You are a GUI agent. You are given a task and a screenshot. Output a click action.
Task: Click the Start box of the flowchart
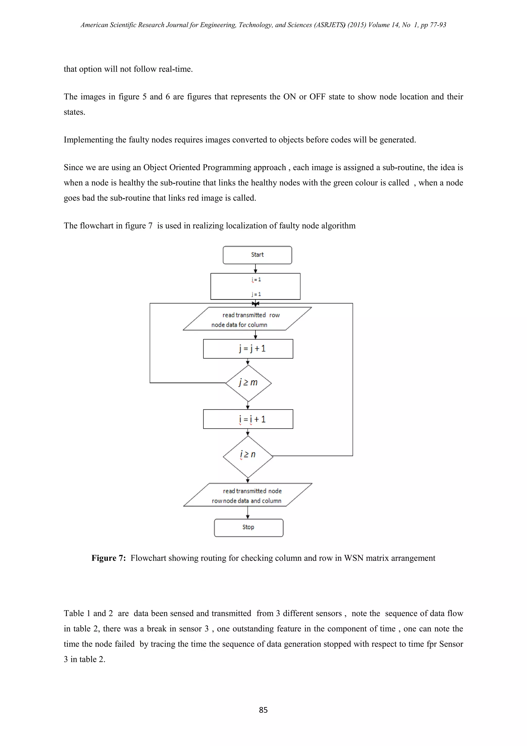(257, 255)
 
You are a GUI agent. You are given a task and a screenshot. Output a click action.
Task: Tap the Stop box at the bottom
(248, 527)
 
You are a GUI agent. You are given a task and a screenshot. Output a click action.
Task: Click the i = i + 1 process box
(248, 419)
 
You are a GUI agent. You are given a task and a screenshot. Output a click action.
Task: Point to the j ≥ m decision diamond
(248, 383)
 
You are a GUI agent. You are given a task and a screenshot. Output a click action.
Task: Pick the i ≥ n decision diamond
(248, 456)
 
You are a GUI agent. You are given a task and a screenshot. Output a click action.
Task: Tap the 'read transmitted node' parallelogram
(247, 495)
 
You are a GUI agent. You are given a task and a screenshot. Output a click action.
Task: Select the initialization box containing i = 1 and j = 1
(255, 286)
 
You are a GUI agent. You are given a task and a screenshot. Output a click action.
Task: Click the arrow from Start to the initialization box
(256, 269)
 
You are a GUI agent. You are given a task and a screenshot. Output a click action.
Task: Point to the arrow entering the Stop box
(248, 512)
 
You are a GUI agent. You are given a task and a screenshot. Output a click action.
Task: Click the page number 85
(263, 710)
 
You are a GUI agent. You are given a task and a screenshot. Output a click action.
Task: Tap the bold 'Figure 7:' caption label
(108, 558)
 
